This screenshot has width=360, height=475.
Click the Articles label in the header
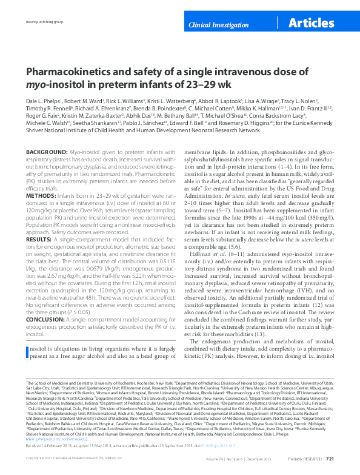[312, 24]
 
